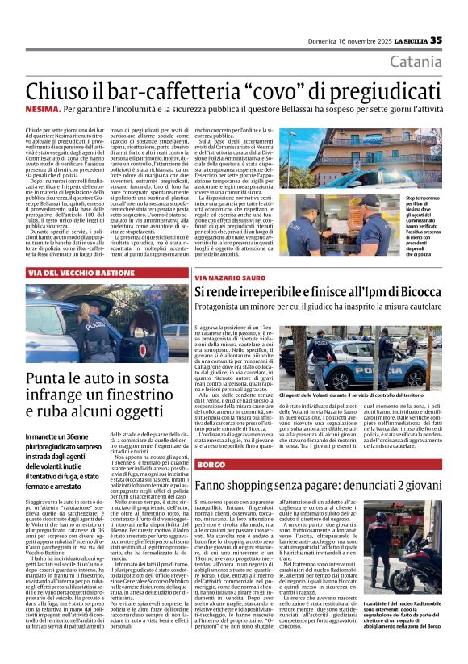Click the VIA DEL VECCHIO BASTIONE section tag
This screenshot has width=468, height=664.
pyautogui.click(x=82, y=274)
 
